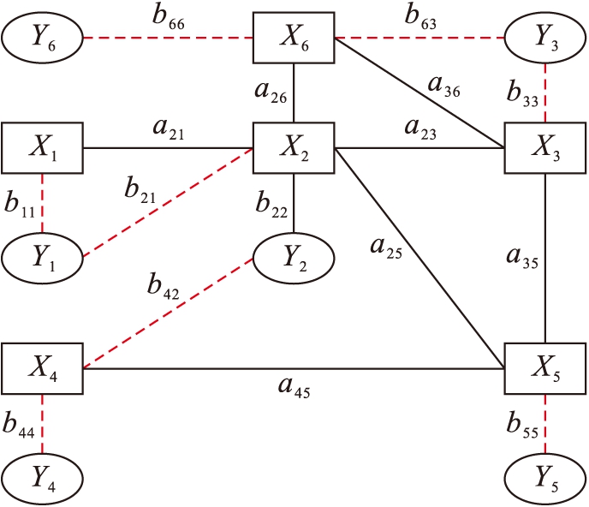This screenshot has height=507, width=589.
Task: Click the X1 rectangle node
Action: pos(41,147)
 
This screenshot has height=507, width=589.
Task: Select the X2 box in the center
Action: pos(294,147)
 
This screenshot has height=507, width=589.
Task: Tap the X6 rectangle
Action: pos(294,38)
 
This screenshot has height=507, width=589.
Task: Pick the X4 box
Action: pos(41,368)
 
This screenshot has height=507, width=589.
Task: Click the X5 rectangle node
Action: pos(546,368)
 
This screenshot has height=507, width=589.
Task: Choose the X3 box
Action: pos(546,147)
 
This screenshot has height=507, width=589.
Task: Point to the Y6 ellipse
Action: pos(41,39)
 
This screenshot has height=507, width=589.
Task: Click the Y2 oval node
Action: pos(294,257)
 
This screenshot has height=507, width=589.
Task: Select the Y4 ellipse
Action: pos(41,479)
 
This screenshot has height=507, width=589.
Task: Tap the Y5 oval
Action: pos(546,479)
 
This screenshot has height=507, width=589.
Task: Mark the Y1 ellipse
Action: pos(41,257)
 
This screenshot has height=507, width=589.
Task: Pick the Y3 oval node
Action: pos(546,39)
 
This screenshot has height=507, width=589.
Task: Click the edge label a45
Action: pos(294,390)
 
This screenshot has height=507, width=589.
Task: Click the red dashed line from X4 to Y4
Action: pos(41,424)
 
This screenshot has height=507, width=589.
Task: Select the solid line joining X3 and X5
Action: pos(546,257)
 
